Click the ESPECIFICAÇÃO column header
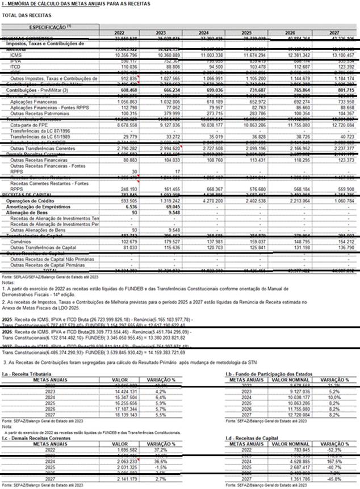coord(49,27)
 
